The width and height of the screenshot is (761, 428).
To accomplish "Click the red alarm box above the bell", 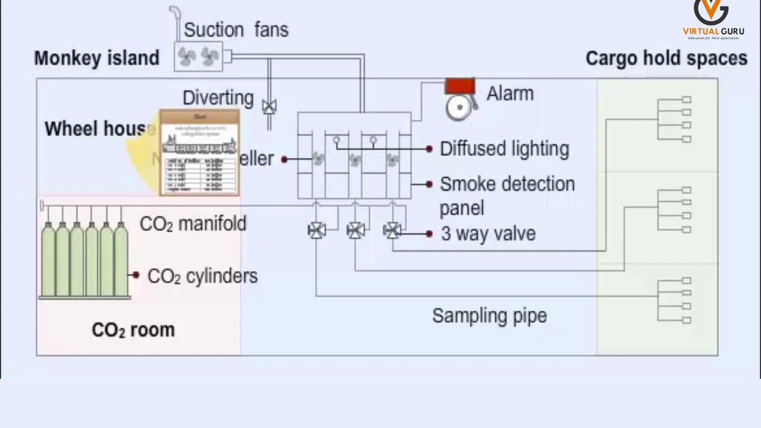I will pos(460,86).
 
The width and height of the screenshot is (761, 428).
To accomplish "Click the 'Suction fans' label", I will pos(236,30).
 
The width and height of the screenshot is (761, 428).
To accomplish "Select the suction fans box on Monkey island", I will pos(199,56).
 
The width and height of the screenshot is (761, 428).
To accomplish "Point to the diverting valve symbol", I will pos(269,107).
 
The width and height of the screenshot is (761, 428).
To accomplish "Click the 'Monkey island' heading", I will pos(97,58).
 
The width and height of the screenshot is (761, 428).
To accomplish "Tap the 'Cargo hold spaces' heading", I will pos(666,58).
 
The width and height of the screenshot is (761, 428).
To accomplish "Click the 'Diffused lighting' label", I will pos(504,149).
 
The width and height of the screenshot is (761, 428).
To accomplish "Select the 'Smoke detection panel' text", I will pos(507,196).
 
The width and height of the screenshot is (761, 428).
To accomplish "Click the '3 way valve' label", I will pos(488,234).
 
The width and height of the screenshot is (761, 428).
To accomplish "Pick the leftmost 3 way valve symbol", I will pos(316,230).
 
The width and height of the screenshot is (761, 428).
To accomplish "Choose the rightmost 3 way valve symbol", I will pos(392,230).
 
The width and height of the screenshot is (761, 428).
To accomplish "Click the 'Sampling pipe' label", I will pos(489,316).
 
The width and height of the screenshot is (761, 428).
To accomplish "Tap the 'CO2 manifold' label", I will pos(193,224).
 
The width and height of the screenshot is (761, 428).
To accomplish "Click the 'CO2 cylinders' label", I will pos(202,276).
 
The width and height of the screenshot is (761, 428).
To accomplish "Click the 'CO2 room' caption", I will pos(133,330).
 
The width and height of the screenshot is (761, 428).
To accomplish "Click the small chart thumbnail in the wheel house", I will pos(199,153).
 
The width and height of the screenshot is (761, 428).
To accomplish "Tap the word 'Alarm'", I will pos(510,94).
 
